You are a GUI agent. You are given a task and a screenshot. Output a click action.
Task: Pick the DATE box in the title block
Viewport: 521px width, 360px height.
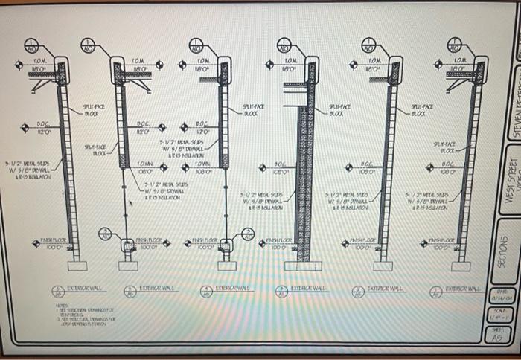[497, 295]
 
